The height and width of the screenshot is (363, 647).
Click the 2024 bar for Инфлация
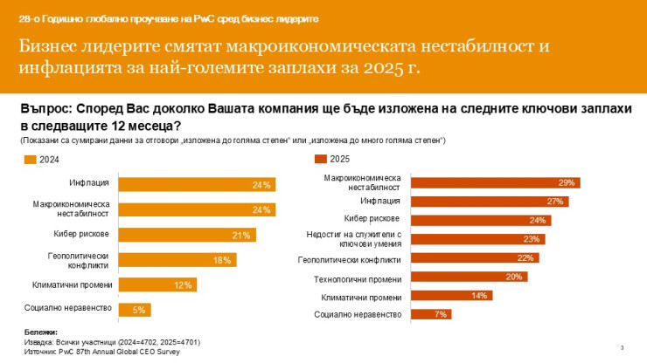tap(196, 184)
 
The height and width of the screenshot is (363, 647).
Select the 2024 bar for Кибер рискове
tap(186, 235)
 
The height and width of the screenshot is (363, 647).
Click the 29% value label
tap(566, 182)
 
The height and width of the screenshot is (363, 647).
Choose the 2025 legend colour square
tap(319, 160)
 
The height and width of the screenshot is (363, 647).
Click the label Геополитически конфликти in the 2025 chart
tap(349, 259)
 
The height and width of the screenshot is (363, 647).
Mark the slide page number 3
tap(622, 348)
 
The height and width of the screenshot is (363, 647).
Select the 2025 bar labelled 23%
tap(478, 239)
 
